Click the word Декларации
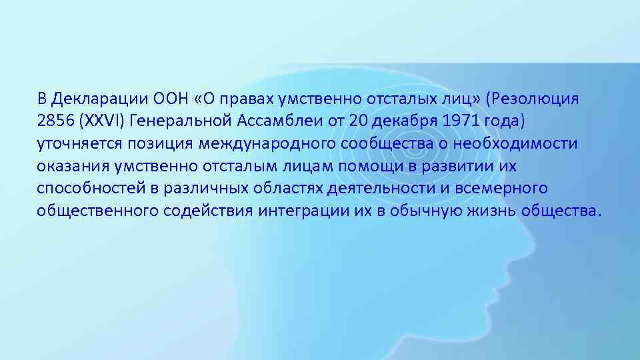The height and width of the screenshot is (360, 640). click(92, 99)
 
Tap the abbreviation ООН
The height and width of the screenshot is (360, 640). click(154, 99)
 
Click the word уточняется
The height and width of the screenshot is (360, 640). click(77, 144)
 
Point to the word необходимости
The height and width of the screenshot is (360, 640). click(517, 144)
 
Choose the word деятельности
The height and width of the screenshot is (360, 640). click(382, 189)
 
